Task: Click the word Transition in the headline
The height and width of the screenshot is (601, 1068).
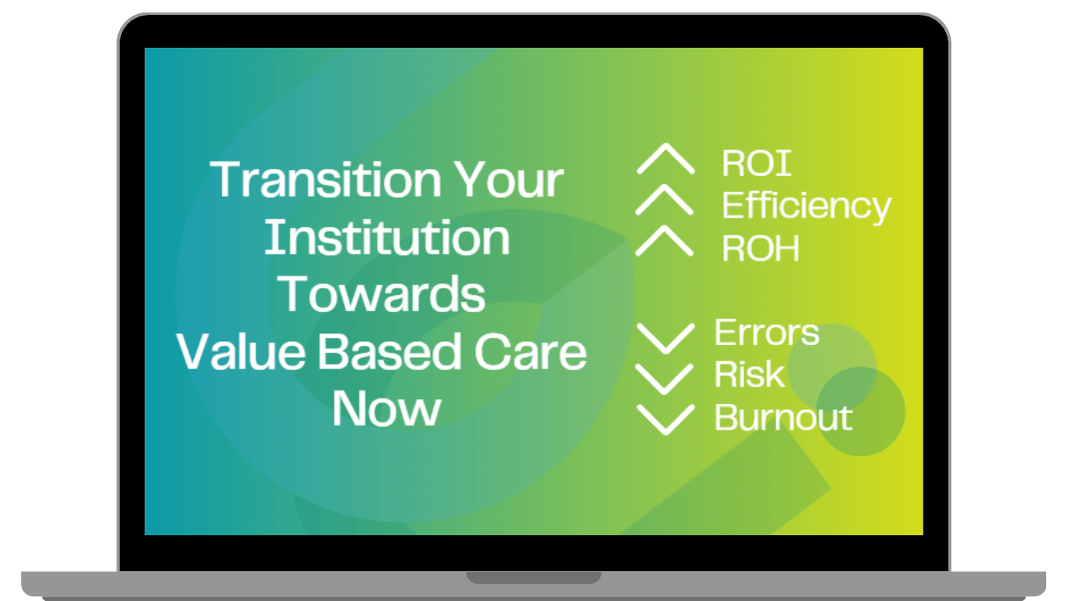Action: pos(326,179)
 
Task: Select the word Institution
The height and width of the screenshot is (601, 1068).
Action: pos(387,237)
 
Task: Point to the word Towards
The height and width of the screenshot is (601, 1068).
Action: pos(382,293)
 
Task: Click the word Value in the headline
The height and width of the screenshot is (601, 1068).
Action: pos(242,351)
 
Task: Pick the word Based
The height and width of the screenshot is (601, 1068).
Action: pos(390,351)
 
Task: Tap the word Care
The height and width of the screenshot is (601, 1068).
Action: pos(530,351)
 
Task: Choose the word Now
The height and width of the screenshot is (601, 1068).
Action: pos(386,408)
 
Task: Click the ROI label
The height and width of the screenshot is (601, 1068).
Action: pos(757,164)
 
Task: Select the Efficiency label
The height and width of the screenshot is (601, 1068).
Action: pos(806,207)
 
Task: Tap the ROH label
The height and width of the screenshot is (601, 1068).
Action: pos(761,248)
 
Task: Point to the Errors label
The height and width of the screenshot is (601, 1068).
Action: pos(767,332)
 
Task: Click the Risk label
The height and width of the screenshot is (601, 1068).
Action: pos(749,374)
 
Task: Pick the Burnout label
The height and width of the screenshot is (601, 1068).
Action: pos(783,417)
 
